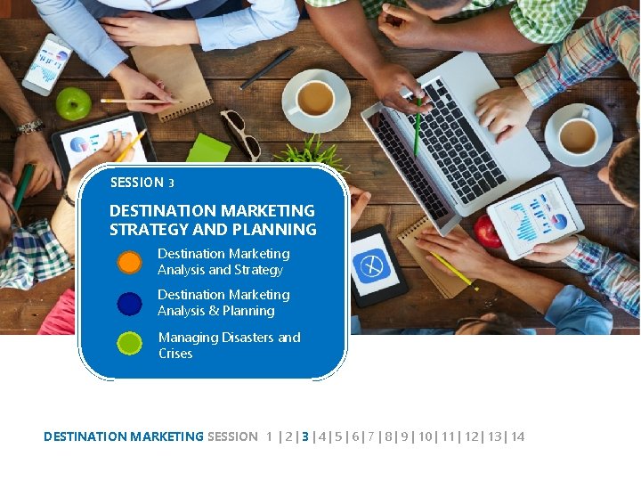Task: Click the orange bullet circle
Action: coord(130,262)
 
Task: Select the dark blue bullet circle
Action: coord(130,303)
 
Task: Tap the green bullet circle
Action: coord(130,344)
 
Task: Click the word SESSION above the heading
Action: coord(136,183)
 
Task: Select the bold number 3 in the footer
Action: coord(305,436)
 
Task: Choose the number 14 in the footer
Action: coord(518,436)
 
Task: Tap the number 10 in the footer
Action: coord(426,436)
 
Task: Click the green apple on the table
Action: coord(73,104)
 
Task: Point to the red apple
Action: coord(488,232)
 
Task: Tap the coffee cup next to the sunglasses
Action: coord(314,99)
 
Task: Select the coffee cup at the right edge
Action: coord(579,135)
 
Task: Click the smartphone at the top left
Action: coord(47,64)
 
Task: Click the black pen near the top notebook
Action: coord(267,68)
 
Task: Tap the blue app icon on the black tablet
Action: coord(369,265)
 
